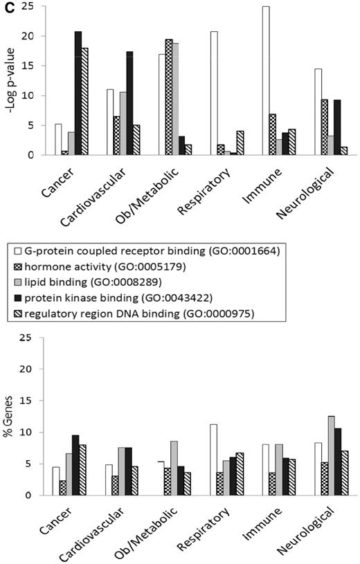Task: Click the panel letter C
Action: (6, 6)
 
